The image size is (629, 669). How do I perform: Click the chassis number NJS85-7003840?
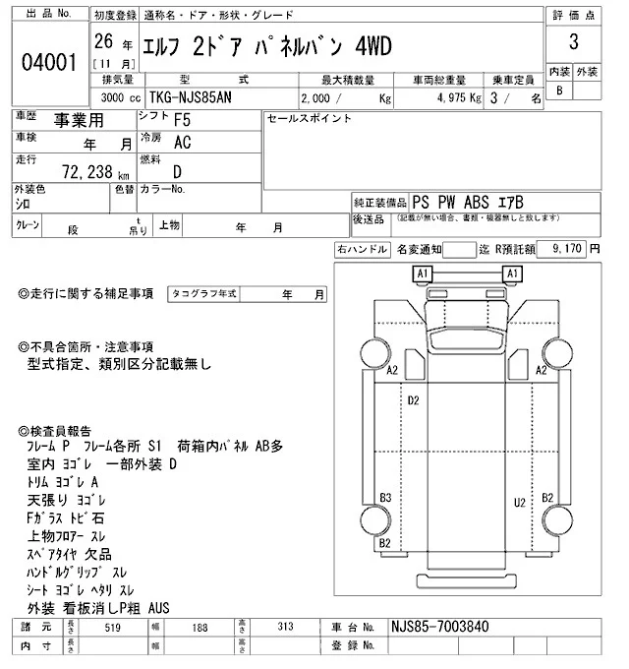tap(438, 628)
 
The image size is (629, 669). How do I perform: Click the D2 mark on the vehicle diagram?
tap(414, 400)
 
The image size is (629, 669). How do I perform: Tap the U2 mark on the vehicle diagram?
tap(519, 503)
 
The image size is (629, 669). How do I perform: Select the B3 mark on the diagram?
tap(386, 497)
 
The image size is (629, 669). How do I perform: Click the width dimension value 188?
tap(200, 628)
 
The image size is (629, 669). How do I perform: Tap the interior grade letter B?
tap(560, 91)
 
